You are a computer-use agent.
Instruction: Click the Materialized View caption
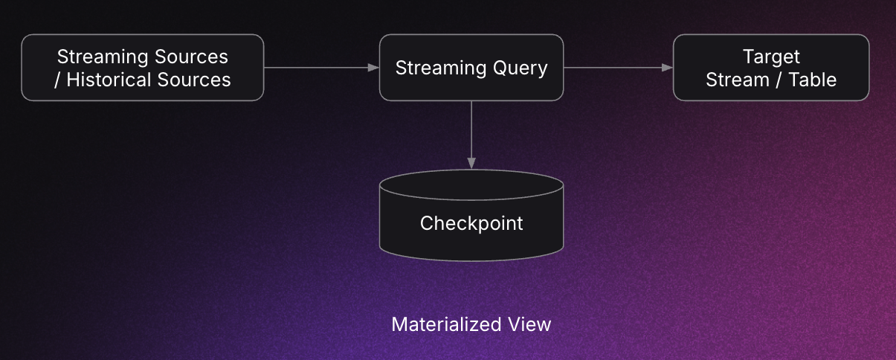(x=471, y=324)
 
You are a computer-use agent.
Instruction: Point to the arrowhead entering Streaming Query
(x=374, y=68)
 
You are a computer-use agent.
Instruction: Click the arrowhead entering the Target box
(x=668, y=68)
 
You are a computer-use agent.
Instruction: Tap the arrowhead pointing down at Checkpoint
(x=471, y=163)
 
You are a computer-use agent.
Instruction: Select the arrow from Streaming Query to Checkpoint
(x=471, y=130)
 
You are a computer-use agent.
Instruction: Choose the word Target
(x=771, y=57)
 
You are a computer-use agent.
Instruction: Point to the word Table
(x=812, y=80)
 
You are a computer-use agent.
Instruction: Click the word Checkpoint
(x=471, y=223)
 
